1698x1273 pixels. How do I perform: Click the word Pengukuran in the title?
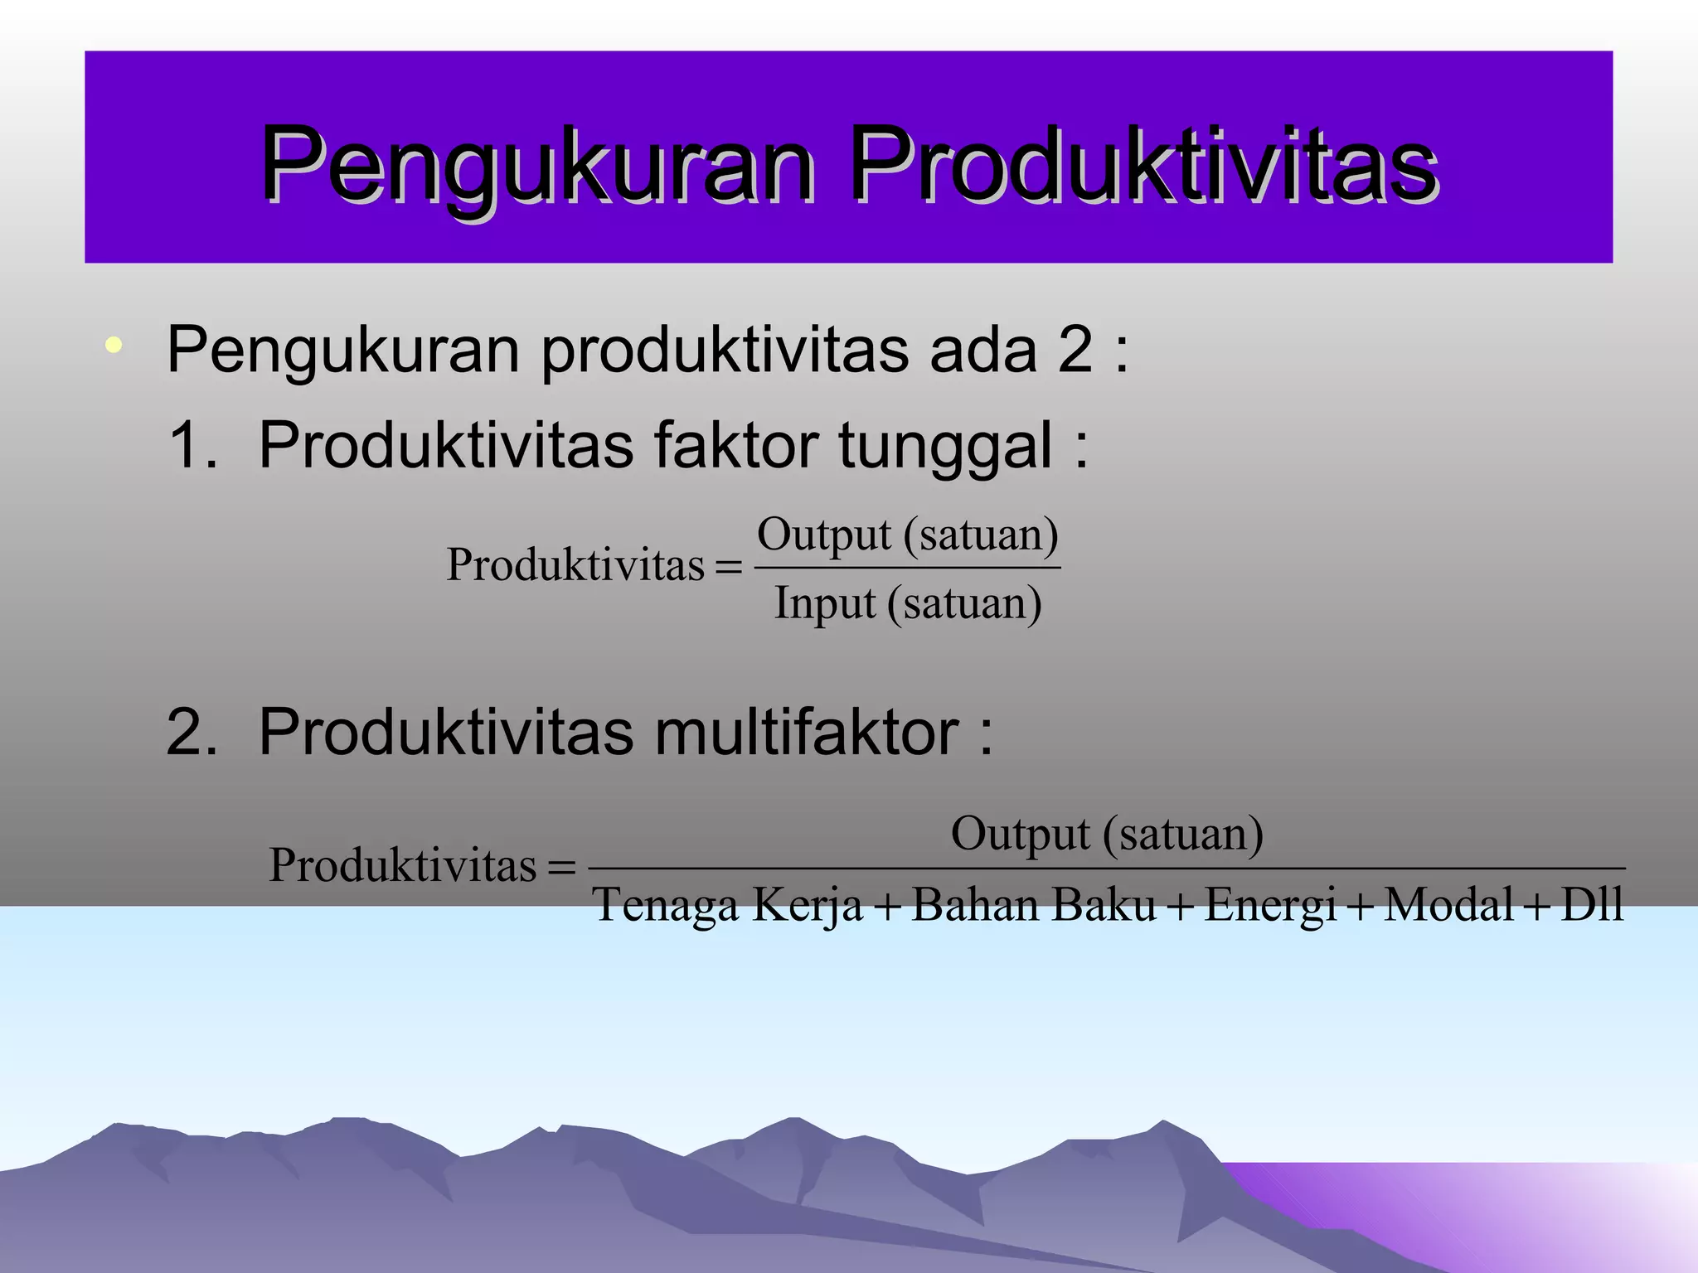pyautogui.click(x=537, y=163)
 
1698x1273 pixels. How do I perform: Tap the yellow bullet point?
pyautogui.click(x=114, y=345)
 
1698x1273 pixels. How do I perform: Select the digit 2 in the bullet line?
pyautogui.click(x=1075, y=350)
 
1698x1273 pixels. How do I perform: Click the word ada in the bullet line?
pyautogui.click(x=982, y=350)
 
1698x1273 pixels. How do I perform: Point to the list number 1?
pyautogui.click(x=192, y=446)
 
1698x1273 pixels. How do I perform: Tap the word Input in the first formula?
pyautogui.click(x=824, y=603)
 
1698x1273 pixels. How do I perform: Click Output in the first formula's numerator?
pyautogui.click(x=823, y=535)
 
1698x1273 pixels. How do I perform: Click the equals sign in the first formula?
pyautogui.click(x=728, y=568)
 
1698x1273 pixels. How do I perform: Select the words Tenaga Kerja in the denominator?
pyautogui.click(x=728, y=905)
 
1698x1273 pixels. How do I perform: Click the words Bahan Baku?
pyautogui.click(x=1033, y=905)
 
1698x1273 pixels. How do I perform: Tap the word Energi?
pyautogui.click(x=1270, y=905)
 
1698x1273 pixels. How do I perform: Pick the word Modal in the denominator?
pyautogui.click(x=1449, y=905)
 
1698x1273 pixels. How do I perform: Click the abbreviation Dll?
pyautogui.click(x=1591, y=905)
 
